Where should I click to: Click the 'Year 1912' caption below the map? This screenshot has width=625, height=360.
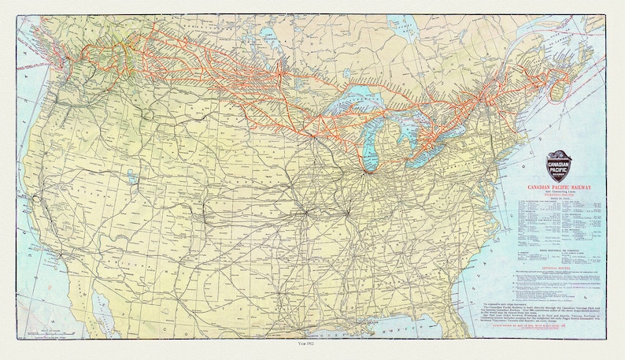312,345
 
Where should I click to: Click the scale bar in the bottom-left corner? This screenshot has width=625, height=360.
47,335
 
